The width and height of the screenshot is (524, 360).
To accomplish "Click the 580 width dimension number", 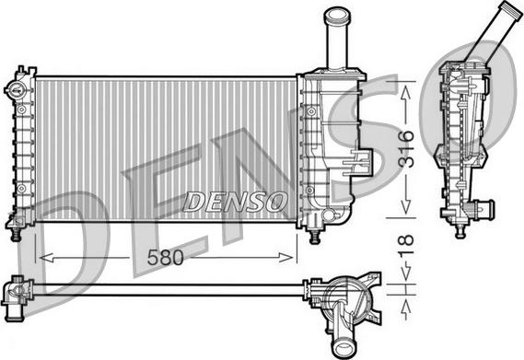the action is click(166, 258).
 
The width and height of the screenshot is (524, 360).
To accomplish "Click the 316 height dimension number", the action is click(406, 149).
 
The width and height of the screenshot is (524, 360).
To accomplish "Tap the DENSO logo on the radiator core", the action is click(235, 202).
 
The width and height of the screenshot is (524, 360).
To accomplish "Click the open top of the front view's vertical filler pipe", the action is click(337, 15).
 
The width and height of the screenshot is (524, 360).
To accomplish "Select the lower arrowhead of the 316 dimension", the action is click(406, 206).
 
